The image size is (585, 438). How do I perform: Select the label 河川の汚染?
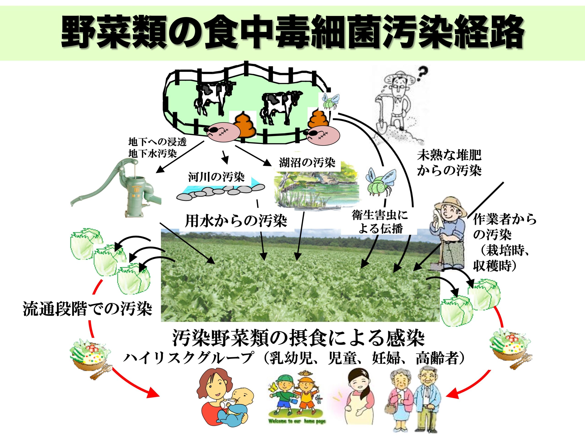pyautogui.click(x=216, y=177)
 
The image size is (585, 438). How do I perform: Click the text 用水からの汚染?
pyautogui.click(x=236, y=221)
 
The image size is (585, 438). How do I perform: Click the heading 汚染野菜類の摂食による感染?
pyautogui.click(x=298, y=338)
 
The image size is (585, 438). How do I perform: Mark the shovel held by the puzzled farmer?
pyautogui.click(x=383, y=119)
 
